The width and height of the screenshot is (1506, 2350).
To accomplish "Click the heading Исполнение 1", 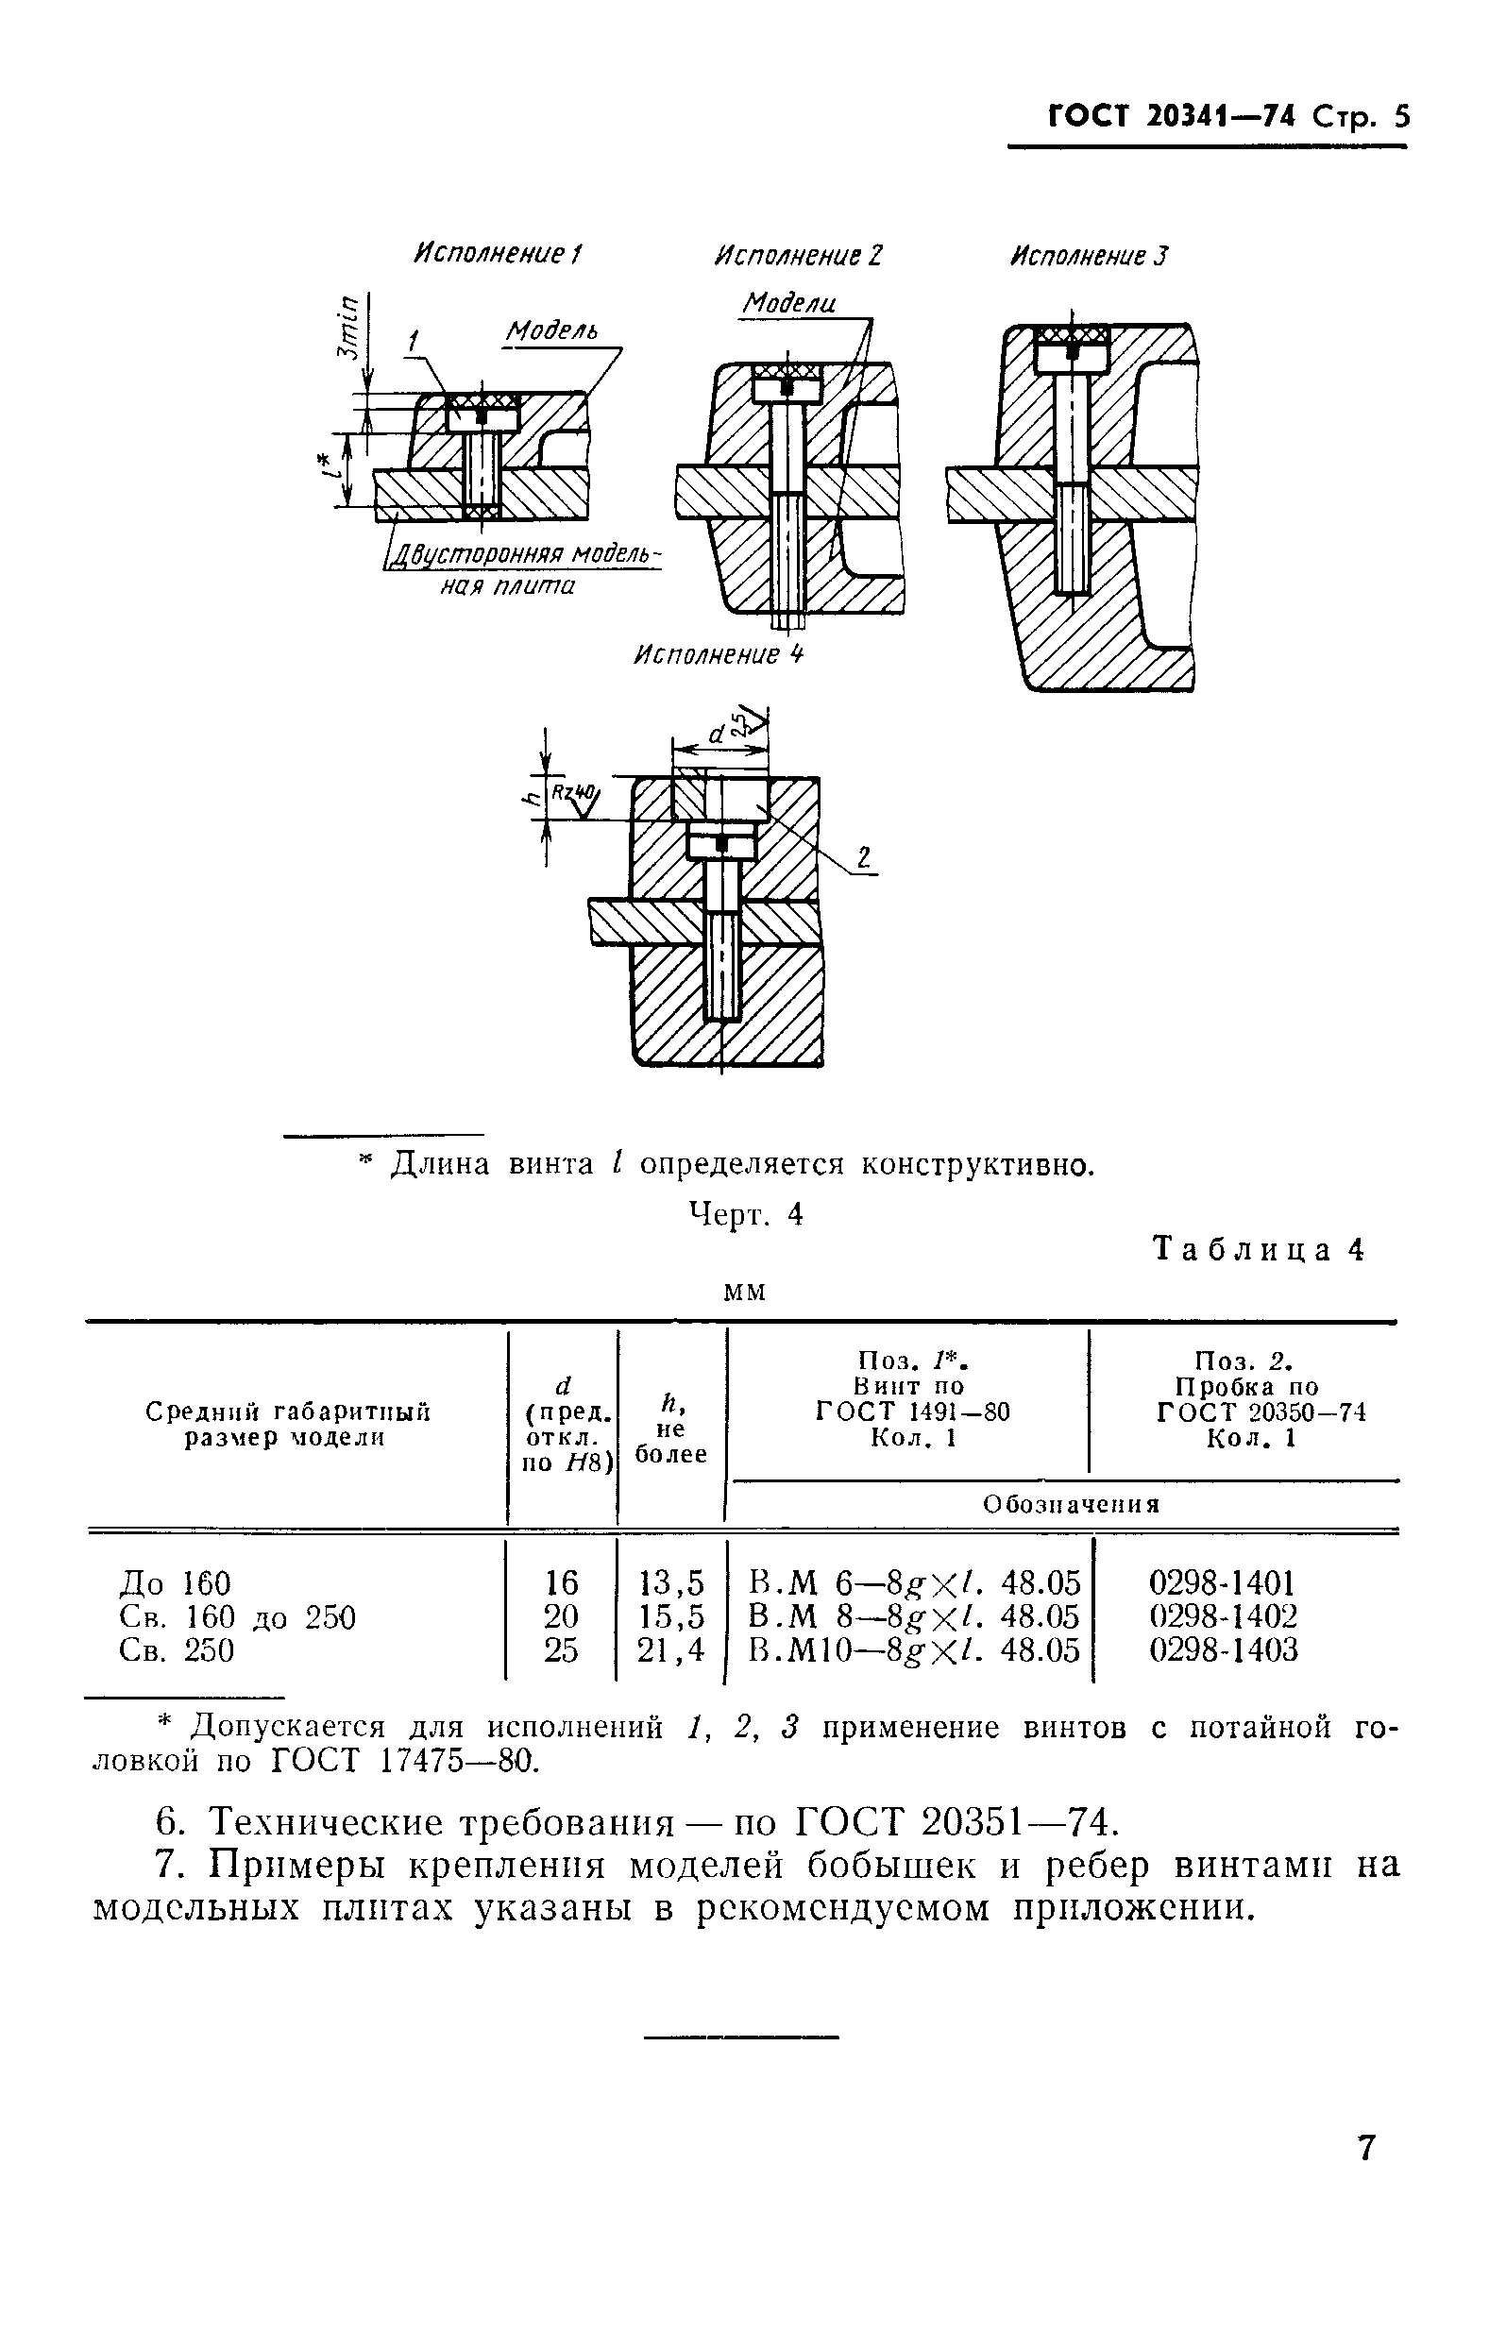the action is tap(497, 254).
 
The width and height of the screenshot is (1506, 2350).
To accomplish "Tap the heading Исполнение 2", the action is tap(798, 256).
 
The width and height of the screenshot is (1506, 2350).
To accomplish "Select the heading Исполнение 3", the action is tap(1089, 256).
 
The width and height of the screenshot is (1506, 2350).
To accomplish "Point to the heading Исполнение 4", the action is tap(719, 654).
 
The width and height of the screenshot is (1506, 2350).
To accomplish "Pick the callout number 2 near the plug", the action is tap(863, 857).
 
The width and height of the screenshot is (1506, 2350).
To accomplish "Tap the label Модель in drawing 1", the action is tap(550, 331).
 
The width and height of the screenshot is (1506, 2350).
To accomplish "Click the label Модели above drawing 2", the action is tap(789, 303).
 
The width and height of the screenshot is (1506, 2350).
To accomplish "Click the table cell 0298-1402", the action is tap(1223, 1615).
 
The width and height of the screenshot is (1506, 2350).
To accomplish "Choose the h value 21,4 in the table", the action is tap(670, 1649).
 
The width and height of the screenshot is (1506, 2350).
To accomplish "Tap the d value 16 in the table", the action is tap(561, 1581).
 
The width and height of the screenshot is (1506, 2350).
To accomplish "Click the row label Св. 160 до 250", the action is tap(237, 1616).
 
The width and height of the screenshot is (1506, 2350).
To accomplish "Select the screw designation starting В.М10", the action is tap(914, 1649).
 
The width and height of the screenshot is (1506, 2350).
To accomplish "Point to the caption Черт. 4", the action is tap(746, 1213).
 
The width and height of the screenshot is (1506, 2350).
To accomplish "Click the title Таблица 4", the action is tap(1259, 1250).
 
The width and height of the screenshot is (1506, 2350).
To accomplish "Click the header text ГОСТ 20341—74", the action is tap(1172, 117).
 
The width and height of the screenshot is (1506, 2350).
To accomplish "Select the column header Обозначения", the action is tap(1071, 1504).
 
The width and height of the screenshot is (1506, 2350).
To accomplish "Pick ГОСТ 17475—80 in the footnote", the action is tap(404, 1760).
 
